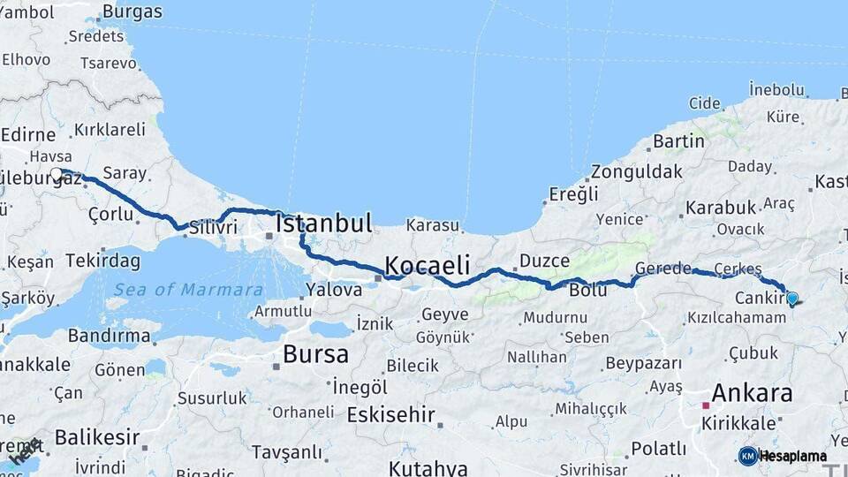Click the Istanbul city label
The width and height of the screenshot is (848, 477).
point(323,223)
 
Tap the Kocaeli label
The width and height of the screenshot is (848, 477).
point(428,266)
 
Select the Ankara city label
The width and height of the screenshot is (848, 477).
point(752,392)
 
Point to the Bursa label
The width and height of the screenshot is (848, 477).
point(315,355)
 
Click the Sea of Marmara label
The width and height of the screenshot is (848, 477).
point(188,290)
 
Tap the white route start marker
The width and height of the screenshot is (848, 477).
point(57,174)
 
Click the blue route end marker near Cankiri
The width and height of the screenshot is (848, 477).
point(791,299)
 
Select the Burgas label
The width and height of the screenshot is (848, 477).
point(132,12)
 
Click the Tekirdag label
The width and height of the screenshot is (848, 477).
point(102,261)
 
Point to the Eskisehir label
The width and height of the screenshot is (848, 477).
point(391,414)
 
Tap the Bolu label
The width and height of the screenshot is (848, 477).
point(587,290)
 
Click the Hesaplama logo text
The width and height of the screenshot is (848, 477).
point(793,457)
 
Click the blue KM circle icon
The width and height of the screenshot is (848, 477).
point(748,456)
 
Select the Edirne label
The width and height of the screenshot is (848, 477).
point(28,134)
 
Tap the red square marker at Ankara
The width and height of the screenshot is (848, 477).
point(705,405)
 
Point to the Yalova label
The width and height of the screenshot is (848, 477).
point(334,290)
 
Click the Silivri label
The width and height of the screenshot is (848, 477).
point(213,227)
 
